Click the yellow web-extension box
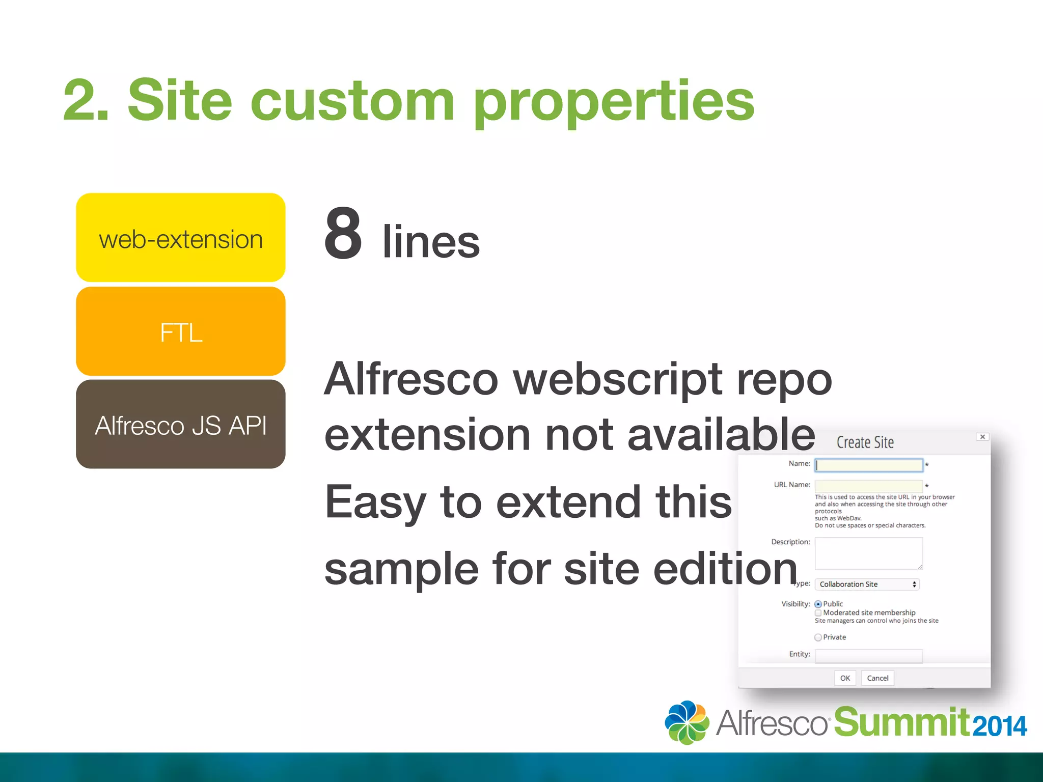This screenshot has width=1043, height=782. point(180,237)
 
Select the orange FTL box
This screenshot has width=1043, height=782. point(180,331)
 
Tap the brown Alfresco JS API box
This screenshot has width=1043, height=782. point(180,424)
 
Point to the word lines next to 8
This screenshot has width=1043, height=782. point(431,241)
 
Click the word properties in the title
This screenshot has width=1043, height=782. point(614,102)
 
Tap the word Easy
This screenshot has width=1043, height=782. point(375,503)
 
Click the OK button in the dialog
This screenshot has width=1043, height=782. point(845,678)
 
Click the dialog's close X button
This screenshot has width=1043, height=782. point(982,437)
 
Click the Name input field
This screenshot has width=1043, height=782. point(869,465)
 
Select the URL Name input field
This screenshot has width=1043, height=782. point(869,485)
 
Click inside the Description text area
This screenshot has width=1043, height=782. point(869,553)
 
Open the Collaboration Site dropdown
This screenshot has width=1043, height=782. point(867,584)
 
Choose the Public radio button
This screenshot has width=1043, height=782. point(818,604)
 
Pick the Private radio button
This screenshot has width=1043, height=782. point(818,637)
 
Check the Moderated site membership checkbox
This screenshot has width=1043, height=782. point(818,613)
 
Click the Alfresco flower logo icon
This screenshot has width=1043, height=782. point(687,722)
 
